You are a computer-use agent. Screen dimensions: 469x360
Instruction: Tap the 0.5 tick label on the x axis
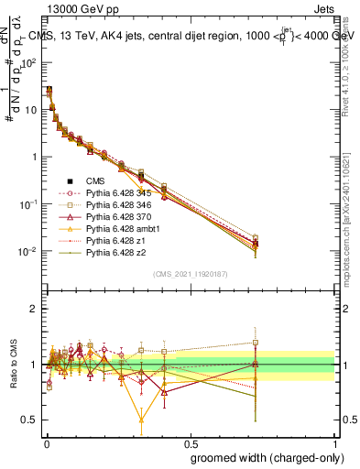click(x=191, y=442)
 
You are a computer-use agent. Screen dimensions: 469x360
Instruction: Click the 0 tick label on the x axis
click(x=47, y=442)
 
